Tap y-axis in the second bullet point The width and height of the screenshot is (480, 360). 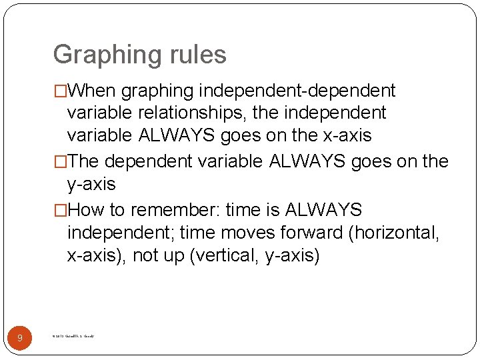pyautogui.click(x=91, y=184)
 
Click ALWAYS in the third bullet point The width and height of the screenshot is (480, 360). pyautogui.click(x=323, y=210)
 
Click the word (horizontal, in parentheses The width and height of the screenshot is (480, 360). pyautogui.click(x=398, y=233)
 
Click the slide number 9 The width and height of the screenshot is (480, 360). pyautogui.click(x=19, y=338)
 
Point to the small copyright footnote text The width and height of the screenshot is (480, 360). pyautogui.click(x=73, y=337)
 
